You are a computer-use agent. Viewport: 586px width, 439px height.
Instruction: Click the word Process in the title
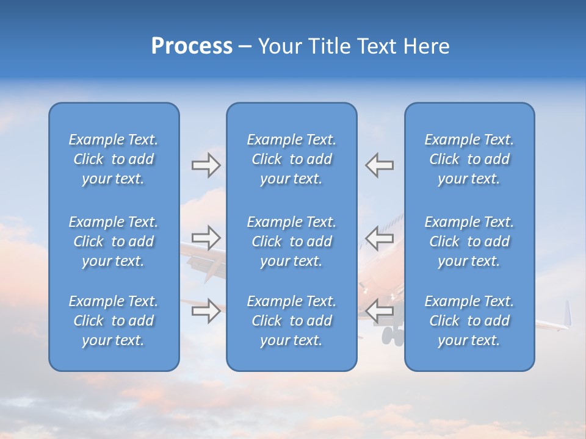pos(192,46)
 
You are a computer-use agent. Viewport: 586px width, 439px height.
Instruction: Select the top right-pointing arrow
pos(206,165)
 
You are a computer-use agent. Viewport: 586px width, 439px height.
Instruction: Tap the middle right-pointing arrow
pos(206,237)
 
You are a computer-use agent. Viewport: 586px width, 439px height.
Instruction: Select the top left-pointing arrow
pos(379,165)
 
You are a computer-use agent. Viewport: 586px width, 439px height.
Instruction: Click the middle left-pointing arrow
pos(379,237)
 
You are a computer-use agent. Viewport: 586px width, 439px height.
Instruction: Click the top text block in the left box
pos(114,159)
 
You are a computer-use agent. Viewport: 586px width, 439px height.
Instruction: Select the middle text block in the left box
pos(114,241)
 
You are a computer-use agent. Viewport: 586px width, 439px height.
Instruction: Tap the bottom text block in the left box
pos(114,321)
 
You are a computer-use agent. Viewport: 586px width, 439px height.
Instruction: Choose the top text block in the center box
pos(291,159)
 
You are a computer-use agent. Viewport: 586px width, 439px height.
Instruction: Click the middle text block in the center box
pos(291,241)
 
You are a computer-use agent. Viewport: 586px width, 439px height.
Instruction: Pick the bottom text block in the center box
pos(291,321)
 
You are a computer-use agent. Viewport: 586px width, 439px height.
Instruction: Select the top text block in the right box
pos(469,159)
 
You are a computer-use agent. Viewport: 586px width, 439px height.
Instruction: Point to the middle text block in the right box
pos(469,241)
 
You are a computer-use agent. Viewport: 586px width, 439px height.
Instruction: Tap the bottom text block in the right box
pos(469,321)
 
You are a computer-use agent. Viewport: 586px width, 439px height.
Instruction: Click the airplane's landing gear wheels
pos(392,335)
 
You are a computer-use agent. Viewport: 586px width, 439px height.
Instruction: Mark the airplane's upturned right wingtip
pos(568,313)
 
